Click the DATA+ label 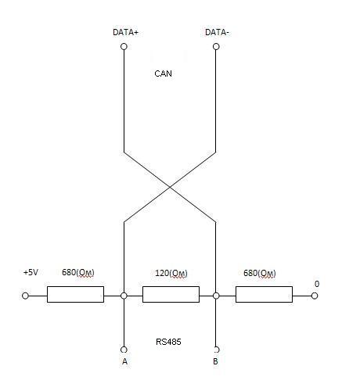[x=125, y=32]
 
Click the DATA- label [x=217, y=32]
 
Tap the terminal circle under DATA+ [x=124, y=47]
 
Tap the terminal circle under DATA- [x=216, y=47]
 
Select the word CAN [x=163, y=74]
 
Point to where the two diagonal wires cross [x=170, y=187]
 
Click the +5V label [x=31, y=272]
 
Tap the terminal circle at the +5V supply [x=25, y=296]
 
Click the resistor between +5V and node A [x=75, y=294]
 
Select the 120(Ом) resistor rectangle [x=171, y=294]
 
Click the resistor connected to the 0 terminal [x=264, y=294]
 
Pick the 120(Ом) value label [x=171, y=273]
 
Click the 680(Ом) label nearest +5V [x=78, y=272]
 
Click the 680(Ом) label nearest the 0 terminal [x=260, y=273]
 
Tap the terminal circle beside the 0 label [x=315, y=296]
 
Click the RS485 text [x=168, y=342]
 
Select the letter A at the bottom [x=124, y=361]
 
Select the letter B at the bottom [x=215, y=361]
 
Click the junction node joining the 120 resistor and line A [x=124, y=296]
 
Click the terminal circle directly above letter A [x=124, y=350]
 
